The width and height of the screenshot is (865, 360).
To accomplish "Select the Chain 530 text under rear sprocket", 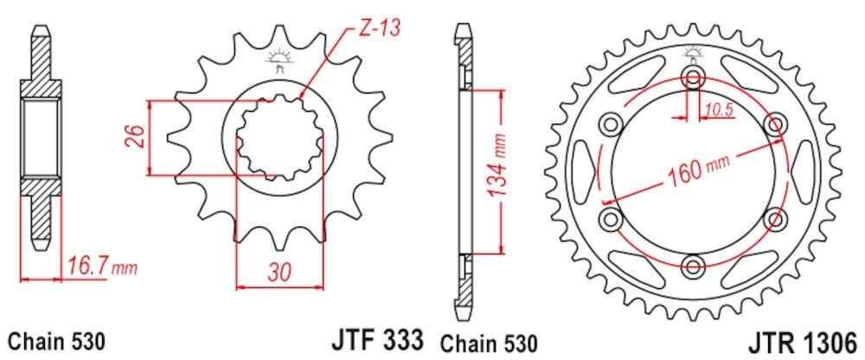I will coord(491,340).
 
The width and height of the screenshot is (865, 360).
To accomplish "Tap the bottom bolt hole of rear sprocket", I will coord(694,265).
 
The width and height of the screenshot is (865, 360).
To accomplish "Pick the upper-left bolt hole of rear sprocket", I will coord(612,123).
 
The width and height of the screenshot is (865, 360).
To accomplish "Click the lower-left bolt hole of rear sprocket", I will coord(612,217).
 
